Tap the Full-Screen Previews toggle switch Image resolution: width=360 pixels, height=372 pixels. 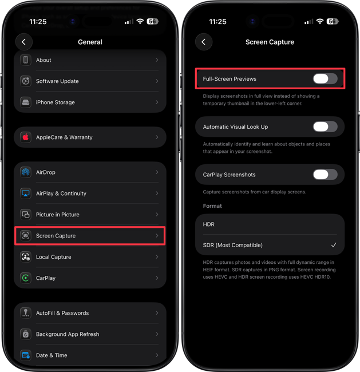325,78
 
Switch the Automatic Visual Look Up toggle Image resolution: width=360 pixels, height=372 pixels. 325,126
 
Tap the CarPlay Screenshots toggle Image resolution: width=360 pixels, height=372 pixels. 325,175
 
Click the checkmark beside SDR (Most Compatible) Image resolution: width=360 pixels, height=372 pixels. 334,245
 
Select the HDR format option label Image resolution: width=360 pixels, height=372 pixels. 209,224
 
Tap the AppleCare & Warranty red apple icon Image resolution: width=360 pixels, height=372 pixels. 26,137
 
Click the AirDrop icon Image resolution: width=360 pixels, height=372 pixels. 26,172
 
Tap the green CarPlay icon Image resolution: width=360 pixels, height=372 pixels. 26,278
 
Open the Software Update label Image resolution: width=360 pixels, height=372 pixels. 57,81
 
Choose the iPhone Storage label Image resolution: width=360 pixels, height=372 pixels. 56,102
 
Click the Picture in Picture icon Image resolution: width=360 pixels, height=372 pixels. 26,215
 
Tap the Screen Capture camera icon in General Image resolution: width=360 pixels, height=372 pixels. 26,236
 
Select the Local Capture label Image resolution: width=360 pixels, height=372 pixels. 53,257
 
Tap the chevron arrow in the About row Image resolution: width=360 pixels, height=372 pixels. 157,60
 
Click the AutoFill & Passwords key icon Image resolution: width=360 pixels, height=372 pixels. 26,313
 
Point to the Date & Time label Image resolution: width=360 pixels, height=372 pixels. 52,355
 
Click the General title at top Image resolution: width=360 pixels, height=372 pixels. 90,42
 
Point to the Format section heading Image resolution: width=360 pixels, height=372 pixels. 212,206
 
